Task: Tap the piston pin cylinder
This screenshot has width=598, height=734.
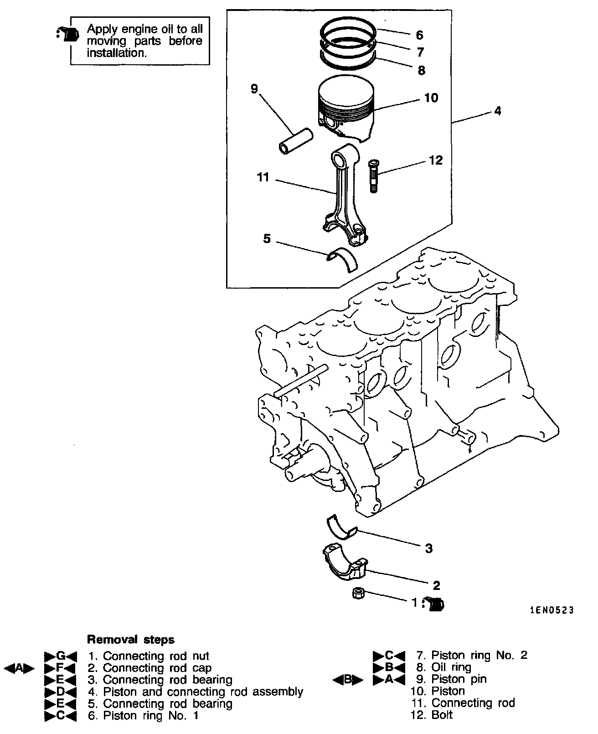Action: coord(296,142)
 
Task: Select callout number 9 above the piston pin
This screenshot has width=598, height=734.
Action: coord(254,88)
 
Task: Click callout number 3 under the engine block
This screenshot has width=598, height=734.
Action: coord(428,548)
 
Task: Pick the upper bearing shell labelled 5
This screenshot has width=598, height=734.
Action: coord(343,259)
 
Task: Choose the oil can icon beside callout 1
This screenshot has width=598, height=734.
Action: coord(435,604)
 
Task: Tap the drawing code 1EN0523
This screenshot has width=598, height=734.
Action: coord(552,610)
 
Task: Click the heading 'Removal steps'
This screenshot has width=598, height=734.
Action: coord(131,640)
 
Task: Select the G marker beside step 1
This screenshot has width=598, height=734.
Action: coord(60,656)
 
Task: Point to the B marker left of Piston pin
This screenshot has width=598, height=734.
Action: coord(347,680)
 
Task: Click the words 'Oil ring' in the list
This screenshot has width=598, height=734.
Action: coord(451,667)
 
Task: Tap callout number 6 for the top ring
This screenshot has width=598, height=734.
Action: coord(419,35)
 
